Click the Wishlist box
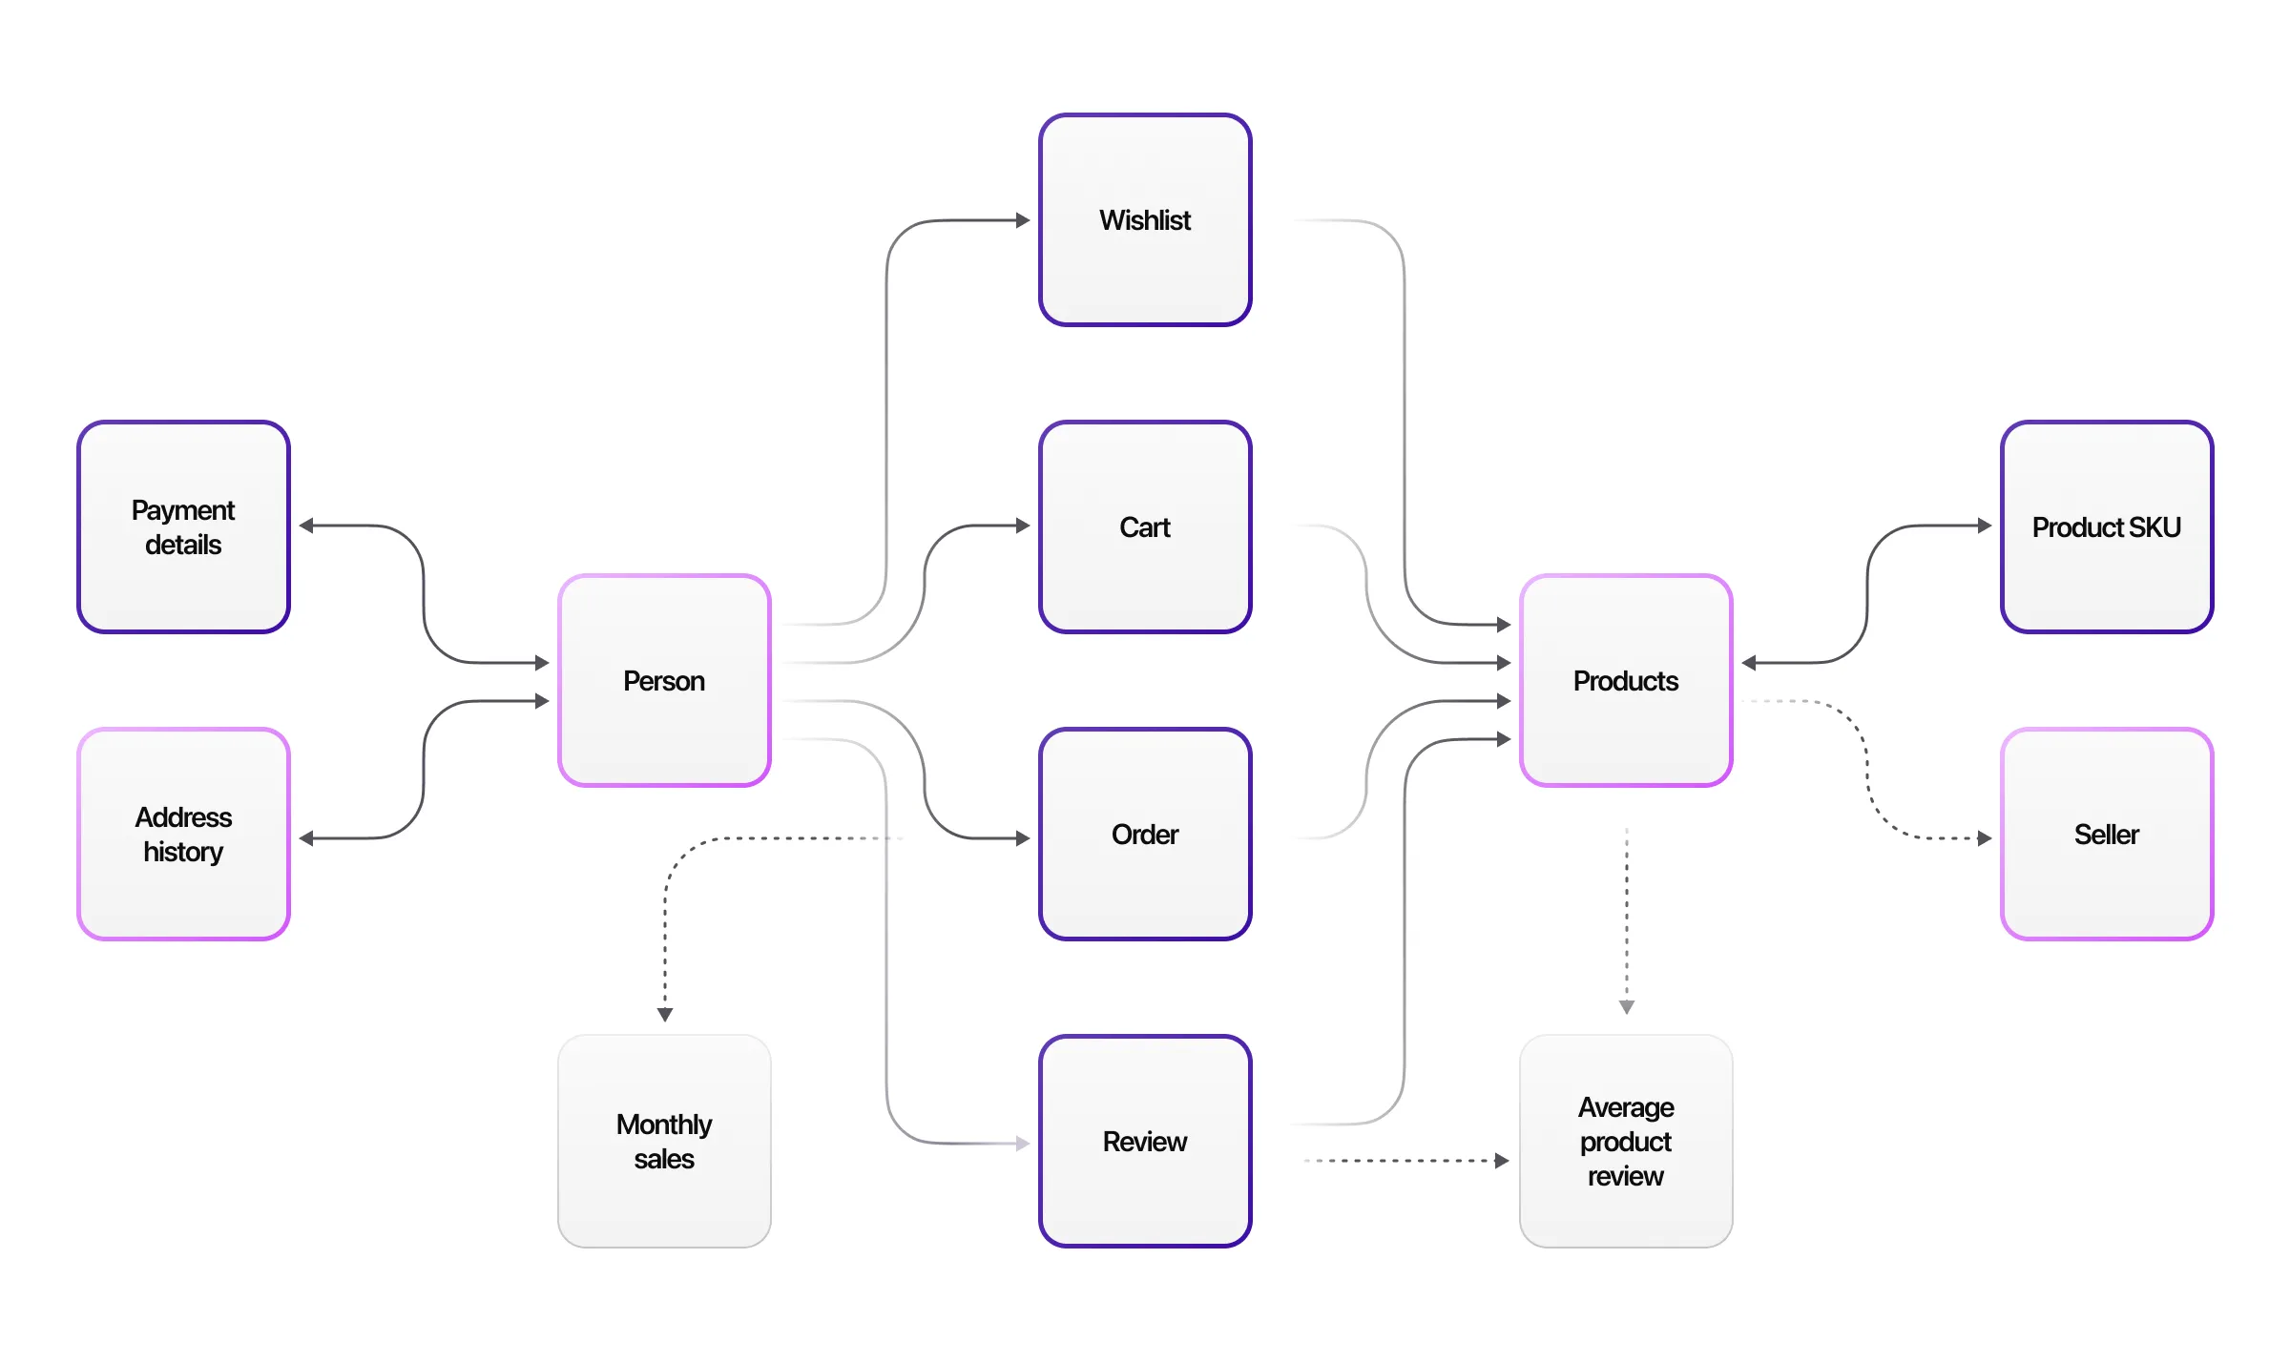click(x=1144, y=220)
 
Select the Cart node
click(x=1144, y=527)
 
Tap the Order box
click(x=1144, y=835)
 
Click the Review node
click(x=1144, y=1142)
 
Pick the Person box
click(x=664, y=681)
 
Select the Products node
click(x=1625, y=681)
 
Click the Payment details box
click(x=183, y=527)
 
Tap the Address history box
click(x=183, y=835)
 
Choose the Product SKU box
click(x=2106, y=527)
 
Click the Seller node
click(x=2106, y=835)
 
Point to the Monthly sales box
click(x=664, y=1142)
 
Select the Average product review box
click(x=1625, y=1142)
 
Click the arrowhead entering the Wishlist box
click(x=1023, y=220)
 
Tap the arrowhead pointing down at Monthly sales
click(x=665, y=1015)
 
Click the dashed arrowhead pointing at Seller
click(x=1985, y=838)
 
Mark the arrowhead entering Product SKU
click(x=1985, y=526)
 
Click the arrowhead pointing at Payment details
click(x=306, y=526)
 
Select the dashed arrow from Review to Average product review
click(x=1403, y=1161)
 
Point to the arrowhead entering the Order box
click(x=1023, y=838)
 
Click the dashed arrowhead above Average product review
click(x=1627, y=1007)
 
